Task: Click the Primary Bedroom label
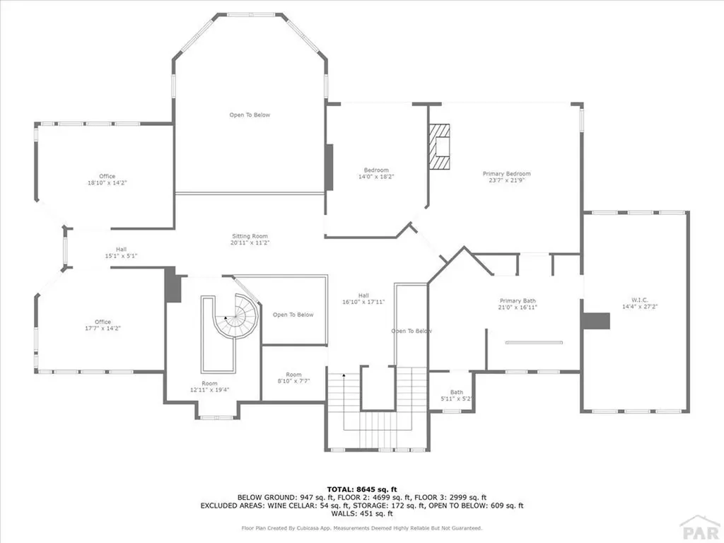click(x=506, y=177)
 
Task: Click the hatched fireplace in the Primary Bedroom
click(x=441, y=147)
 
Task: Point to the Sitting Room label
click(x=250, y=240)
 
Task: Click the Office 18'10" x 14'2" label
click(x=107, y=180)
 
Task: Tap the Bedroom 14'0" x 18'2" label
click(x=376, y=173)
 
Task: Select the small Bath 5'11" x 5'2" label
click(x=456, y=395)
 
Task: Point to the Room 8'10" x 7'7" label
click(x=293, y=378)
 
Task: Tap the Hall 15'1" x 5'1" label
click(x=121, y=252)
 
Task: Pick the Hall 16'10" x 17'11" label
click(x=363, y=299)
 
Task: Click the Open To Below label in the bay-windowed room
click(x=250, y=115)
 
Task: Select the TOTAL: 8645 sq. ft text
click(x=361, y=489)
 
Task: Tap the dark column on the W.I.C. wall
click(x=595, y=320)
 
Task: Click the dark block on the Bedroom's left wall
click(x=329, y=167)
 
